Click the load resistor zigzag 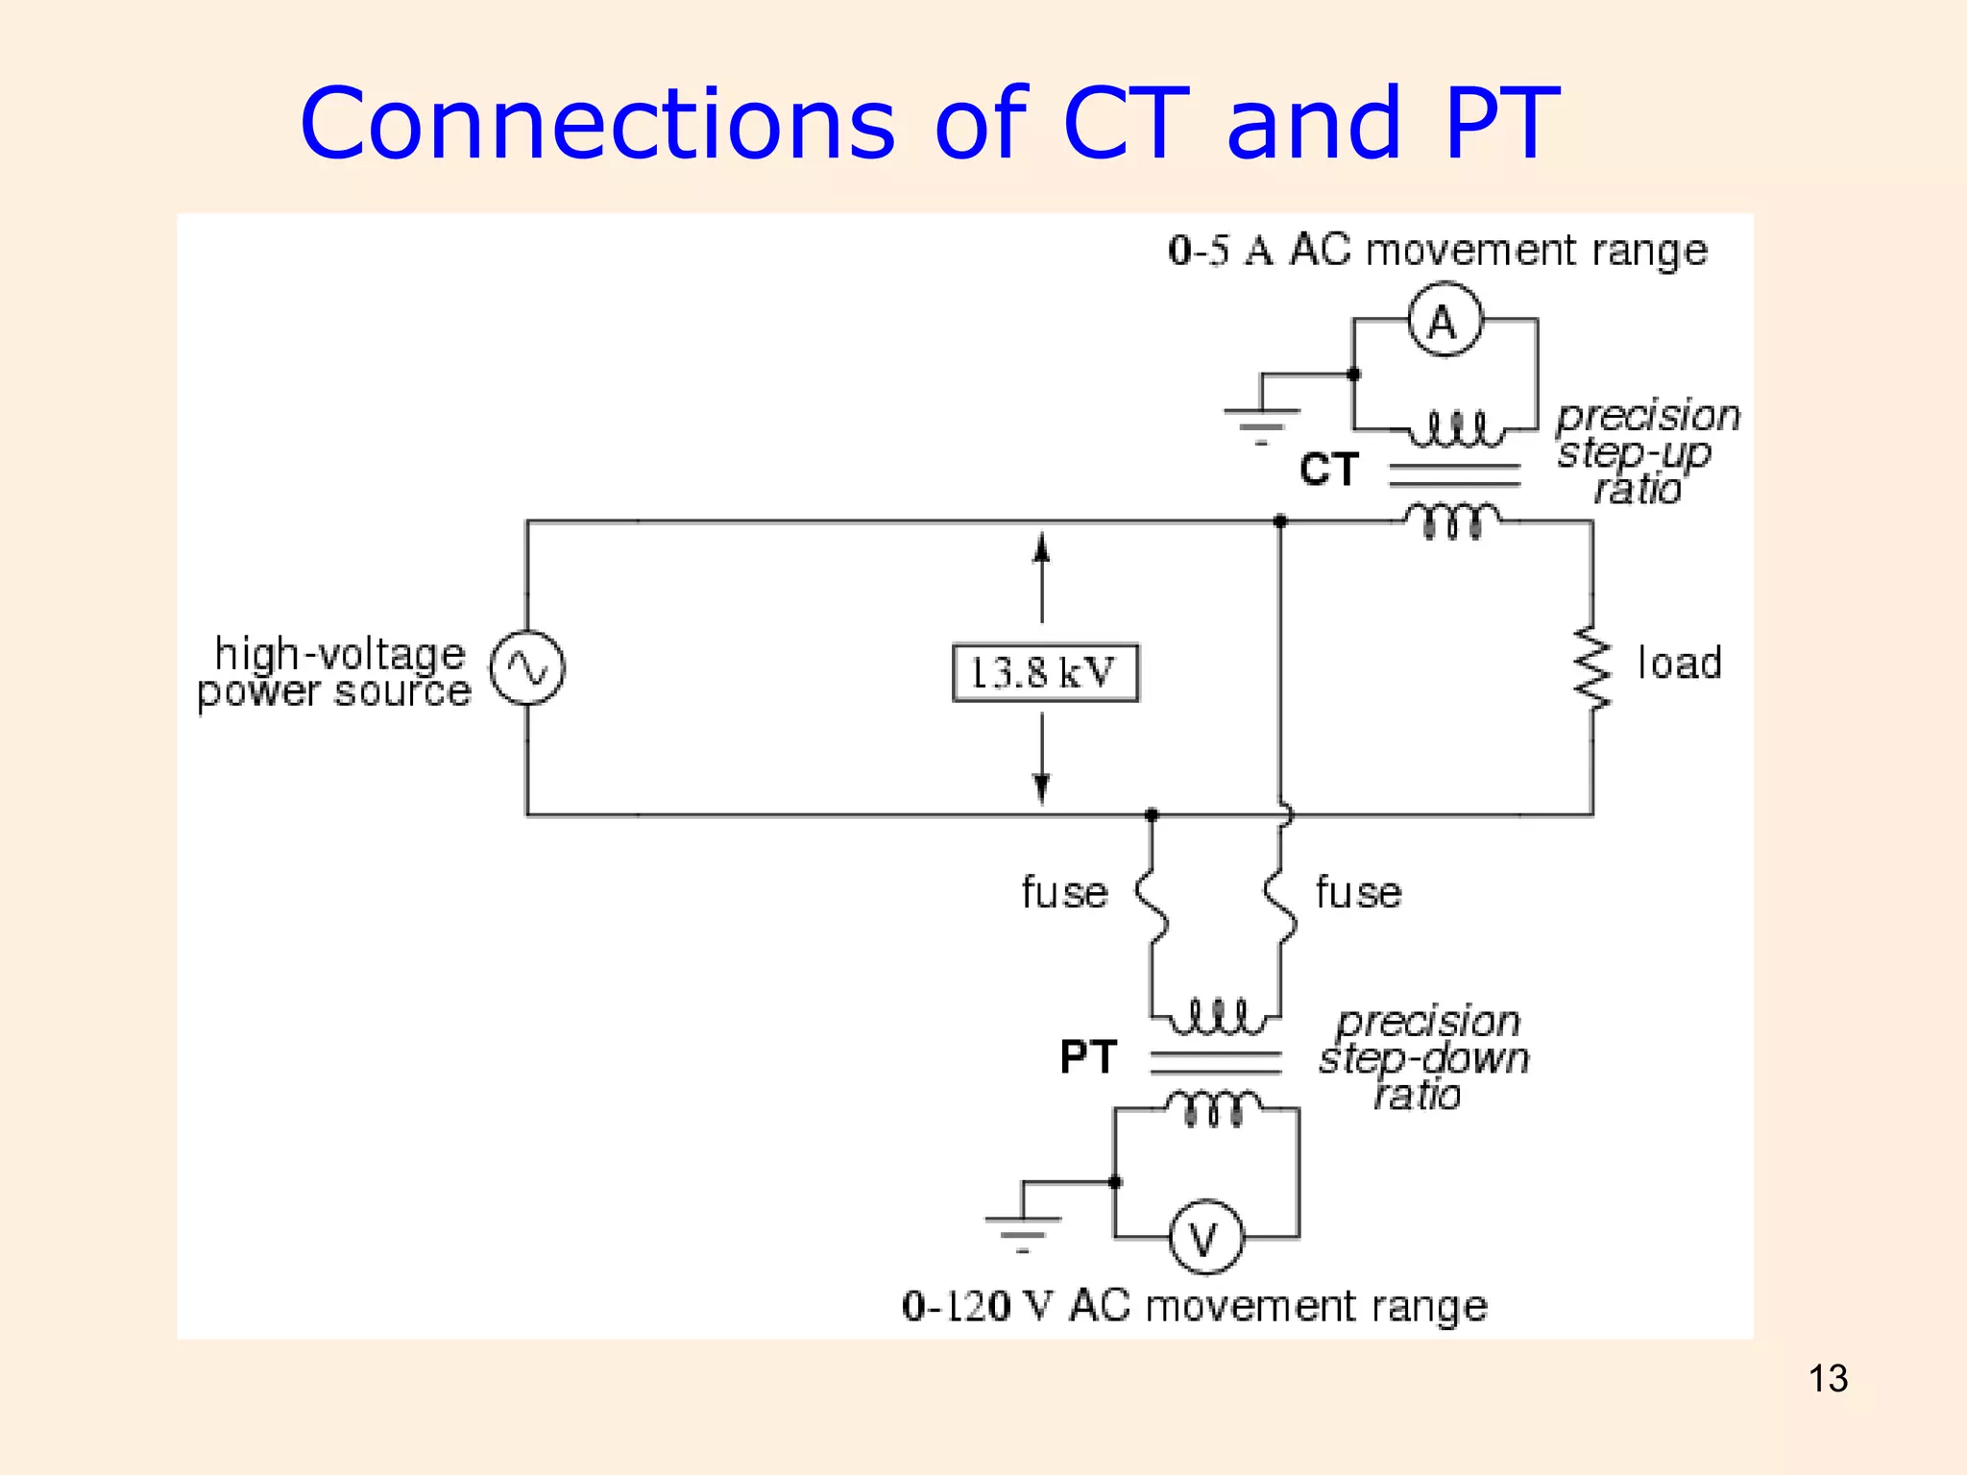1591,668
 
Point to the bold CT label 1329,470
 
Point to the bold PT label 1088,1057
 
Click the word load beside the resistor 1680,664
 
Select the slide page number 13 1828,1379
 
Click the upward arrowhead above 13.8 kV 1042,546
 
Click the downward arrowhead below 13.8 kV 1042,789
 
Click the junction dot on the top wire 1280,521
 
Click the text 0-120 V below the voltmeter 978,1306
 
